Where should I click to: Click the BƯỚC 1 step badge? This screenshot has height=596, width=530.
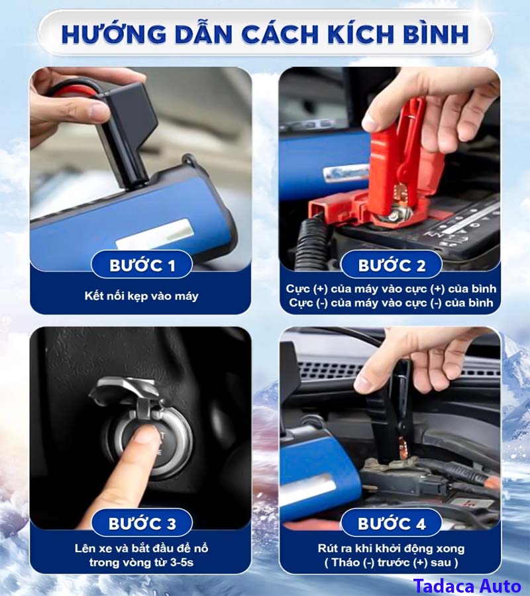click(142, 264)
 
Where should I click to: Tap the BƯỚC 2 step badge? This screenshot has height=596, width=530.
click(392, 265)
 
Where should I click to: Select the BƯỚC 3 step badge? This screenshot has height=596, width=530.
click(142, 523)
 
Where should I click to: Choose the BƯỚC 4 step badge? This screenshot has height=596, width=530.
click(392, 523)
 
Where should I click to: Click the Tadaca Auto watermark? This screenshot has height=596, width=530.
click(467, 586)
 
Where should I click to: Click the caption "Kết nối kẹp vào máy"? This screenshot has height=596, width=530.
click(141, 296)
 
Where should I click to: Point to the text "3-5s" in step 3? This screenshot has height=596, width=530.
click(182, 562)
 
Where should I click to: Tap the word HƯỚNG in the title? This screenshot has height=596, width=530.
click(114, 34)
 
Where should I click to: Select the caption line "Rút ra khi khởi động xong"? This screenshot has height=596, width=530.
click(392, 548)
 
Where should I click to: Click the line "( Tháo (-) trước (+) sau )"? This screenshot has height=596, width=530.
click(392, 562)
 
